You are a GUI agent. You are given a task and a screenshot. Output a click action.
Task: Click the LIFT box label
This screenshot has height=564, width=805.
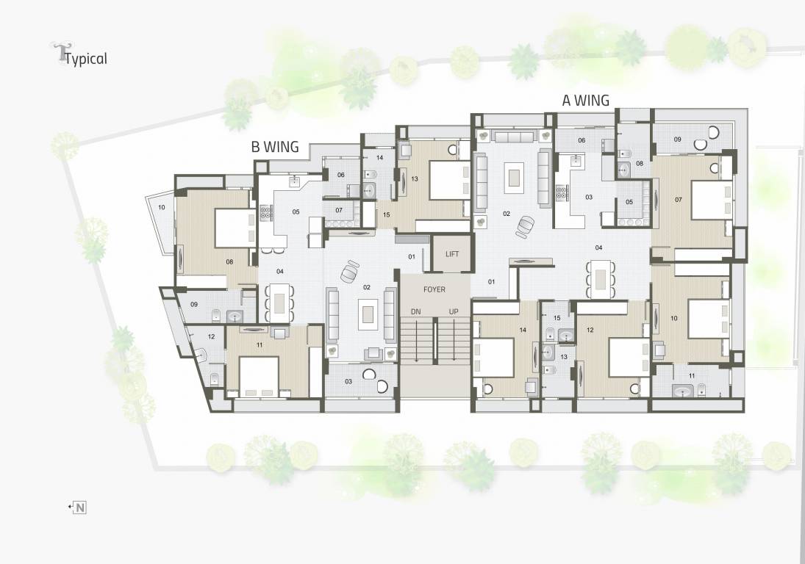(452, 254)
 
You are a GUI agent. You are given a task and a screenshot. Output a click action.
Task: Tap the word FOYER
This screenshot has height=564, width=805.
(434, 290)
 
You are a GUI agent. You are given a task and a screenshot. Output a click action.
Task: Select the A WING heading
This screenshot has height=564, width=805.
(586, 101)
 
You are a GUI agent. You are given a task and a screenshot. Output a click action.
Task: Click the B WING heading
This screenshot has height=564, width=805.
(275, 147)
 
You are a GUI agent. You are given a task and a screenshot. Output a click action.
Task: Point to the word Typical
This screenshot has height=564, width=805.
(86, 59)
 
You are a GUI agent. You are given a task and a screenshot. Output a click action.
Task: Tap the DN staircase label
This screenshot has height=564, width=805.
(416, 312)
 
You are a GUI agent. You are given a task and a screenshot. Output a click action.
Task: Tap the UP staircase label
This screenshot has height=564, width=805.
(454, 312)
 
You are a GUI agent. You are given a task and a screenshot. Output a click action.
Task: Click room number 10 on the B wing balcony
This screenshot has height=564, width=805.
(161, 208)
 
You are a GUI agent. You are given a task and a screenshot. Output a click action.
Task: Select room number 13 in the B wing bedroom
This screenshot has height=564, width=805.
(415, 179)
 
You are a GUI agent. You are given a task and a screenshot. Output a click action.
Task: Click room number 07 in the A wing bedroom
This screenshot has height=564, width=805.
(678, 200)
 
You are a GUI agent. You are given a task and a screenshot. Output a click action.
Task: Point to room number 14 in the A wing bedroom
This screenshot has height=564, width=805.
(523, 330)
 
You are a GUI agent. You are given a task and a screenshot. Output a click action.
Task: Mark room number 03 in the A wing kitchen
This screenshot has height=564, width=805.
(588, 198)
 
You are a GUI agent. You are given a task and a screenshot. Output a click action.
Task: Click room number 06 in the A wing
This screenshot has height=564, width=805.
(581, 140)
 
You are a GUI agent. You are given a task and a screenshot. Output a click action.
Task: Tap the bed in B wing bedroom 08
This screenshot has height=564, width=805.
(235, 228)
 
